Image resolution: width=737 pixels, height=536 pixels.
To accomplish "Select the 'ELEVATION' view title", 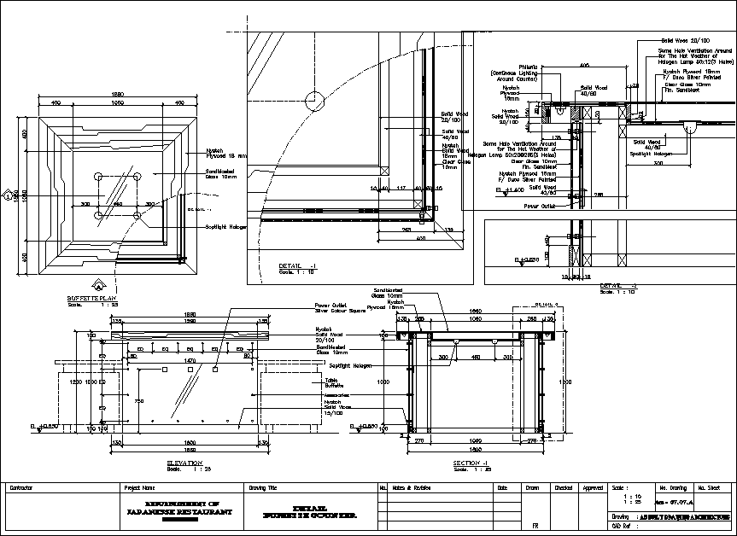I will (184, 463).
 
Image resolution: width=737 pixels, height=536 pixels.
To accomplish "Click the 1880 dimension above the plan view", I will (119, 94).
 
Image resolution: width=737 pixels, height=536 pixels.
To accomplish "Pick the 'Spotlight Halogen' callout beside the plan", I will (226, 227).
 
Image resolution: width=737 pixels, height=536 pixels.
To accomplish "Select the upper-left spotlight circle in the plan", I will (99, 177).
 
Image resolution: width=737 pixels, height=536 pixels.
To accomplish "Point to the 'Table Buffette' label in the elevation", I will (333, 383).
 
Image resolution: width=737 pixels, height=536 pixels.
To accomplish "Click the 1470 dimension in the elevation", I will (190, 360).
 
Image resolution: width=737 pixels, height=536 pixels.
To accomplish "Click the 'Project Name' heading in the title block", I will (138, 487).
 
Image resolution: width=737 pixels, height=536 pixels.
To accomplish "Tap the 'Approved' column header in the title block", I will (592, 487).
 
